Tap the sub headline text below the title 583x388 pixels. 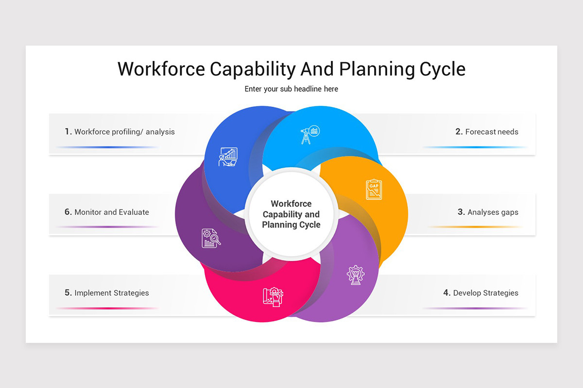(291, 89)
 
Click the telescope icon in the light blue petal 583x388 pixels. (309, 134)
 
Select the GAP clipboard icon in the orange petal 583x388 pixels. (374, 189)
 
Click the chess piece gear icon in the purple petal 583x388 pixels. (356, 275)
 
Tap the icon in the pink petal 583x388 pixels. (273, 296)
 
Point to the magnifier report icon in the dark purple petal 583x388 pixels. (211, 238)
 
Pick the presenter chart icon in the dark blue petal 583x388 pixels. (228, 157)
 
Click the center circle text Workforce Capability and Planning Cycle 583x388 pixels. (291, 214)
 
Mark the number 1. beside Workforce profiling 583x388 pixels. (69, 131)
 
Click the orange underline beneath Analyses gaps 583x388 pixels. (476, 227)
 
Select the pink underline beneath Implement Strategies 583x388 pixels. (107, 308)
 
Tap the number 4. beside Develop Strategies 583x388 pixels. (447, 293)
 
